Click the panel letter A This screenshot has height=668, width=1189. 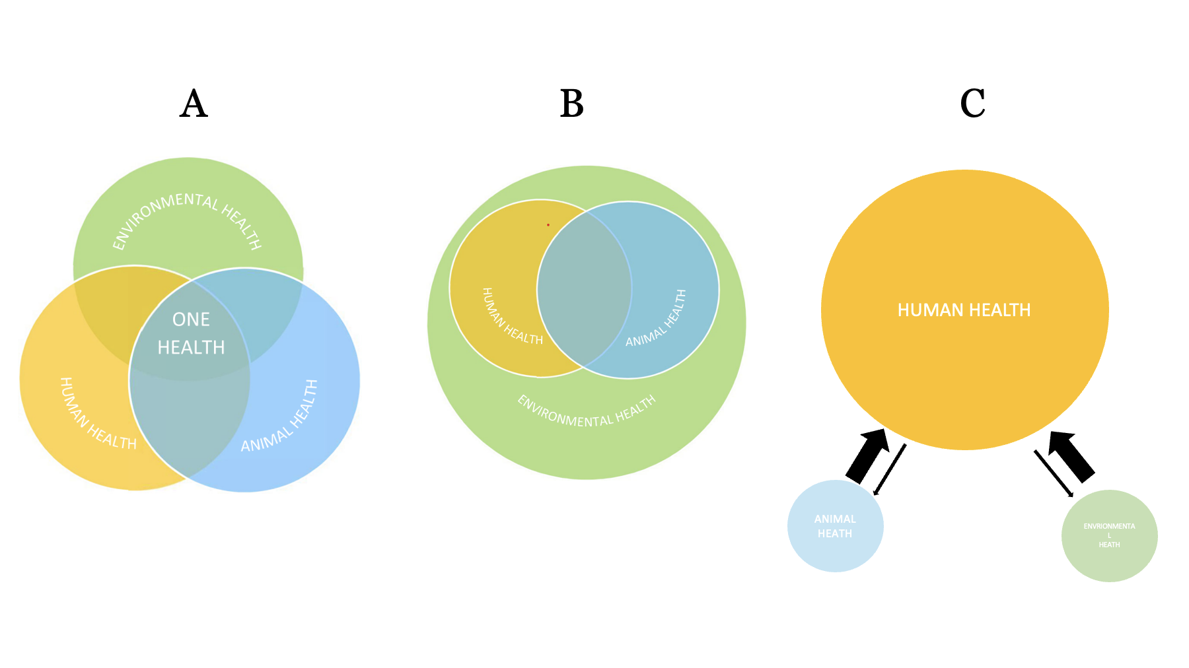coord(194,104)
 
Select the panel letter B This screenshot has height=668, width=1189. coord(572,104)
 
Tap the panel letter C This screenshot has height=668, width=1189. coord(972,104)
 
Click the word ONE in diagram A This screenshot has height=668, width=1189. coord(191,319)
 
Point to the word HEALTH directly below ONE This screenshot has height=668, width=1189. coord(191,347)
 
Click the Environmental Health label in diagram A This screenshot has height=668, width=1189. coord(188,218)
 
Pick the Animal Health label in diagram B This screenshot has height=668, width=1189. coord(657,319)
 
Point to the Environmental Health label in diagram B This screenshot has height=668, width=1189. coord(587,412)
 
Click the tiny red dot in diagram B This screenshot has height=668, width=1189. coord(548,225)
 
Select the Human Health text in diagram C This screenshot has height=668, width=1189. coord(964,310)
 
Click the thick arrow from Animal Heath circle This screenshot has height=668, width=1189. coord(867,455)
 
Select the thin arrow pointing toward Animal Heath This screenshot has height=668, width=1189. coord(890,469)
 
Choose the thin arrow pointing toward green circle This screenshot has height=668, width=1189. coord(1053,473)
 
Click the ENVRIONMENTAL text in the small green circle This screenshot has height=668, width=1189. coord(1109,527)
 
